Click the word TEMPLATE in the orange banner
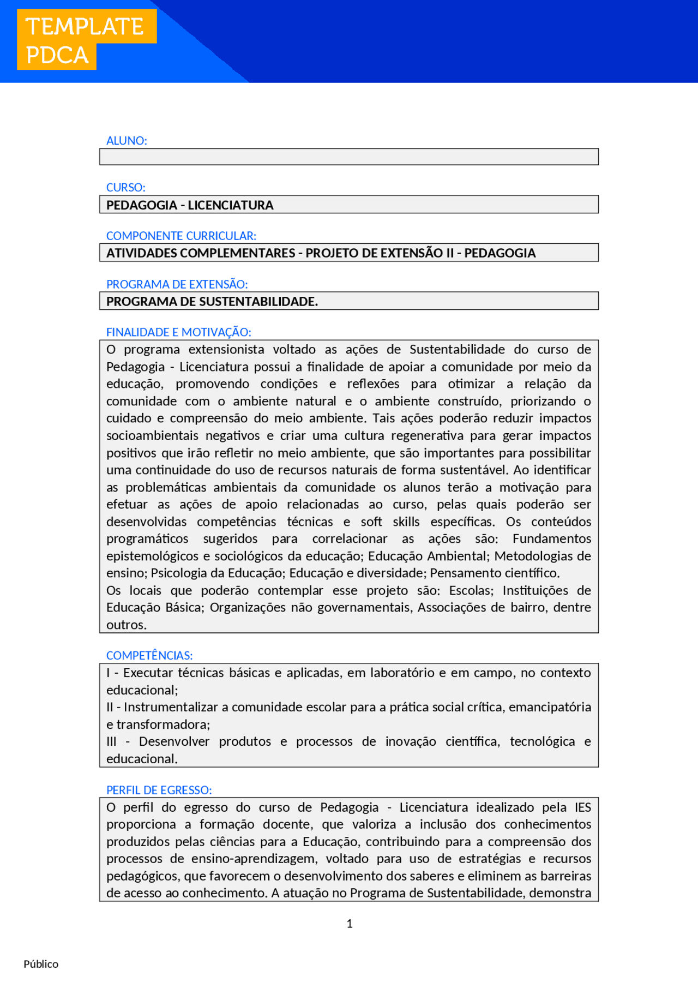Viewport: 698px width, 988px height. tap(85, 27)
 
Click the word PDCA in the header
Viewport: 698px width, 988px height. tap(57, 56)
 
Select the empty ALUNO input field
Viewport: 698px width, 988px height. tap(349, 157)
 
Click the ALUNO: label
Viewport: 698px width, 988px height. tap(127, 141)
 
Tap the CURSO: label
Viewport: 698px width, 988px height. tap(125, 188)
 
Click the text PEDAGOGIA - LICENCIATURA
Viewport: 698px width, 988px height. tap(190, 206)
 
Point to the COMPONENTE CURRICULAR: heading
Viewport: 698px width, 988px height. tap(181, 236)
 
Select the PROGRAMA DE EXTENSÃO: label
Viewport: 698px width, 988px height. tap(177, 284)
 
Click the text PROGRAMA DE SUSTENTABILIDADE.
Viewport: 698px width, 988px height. tap(212, 302)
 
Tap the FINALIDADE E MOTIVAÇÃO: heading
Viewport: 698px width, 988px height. tap(178, 332)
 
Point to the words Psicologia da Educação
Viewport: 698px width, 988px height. tap(218, 573)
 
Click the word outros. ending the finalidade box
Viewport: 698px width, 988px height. tap(126, 625)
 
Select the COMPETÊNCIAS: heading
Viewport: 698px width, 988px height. tap(149, 656)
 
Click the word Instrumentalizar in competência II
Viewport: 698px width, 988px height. tap(171, 708)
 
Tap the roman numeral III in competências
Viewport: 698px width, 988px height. tap(111, 742)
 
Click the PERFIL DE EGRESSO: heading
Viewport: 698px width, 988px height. tap(159, 791)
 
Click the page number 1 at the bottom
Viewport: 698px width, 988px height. tap(350, 924)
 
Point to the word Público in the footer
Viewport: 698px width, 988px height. tap(41, 964)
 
